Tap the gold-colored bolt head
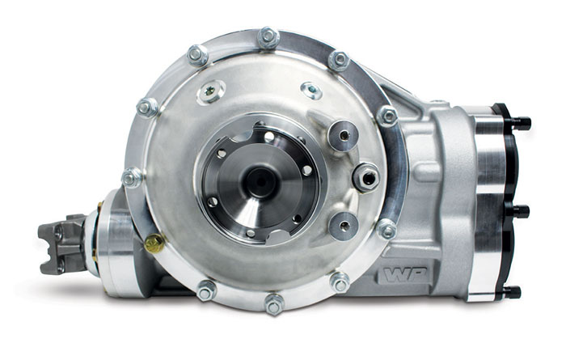coord(154,243)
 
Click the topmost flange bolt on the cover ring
coord(268,37)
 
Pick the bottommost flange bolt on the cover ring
coord(274,304)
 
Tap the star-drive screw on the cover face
coord(211,91)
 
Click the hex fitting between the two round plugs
coord(365,176)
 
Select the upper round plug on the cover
coord(343,135)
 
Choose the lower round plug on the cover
coord(344,227)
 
